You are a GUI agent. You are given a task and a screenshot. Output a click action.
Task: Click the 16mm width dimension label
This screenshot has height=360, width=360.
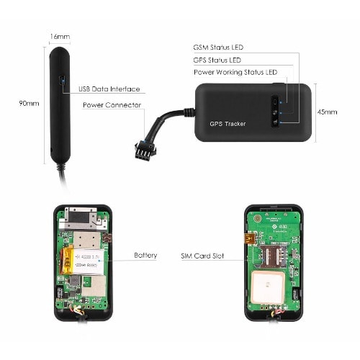60,37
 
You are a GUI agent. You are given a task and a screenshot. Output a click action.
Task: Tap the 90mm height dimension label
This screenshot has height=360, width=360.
29,104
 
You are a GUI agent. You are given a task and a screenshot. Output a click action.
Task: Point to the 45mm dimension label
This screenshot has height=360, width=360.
327,112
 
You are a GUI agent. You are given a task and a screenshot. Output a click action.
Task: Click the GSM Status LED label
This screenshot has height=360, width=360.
218,48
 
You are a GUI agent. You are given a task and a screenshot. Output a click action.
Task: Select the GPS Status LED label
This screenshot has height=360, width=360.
217,60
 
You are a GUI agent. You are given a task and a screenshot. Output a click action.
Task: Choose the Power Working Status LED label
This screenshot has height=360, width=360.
235,72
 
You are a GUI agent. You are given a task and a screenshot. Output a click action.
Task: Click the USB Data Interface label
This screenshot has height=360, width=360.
109,89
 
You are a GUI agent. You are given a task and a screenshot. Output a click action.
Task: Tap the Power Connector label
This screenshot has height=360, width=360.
112,105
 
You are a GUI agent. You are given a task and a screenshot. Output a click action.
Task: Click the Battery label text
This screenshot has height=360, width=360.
145,255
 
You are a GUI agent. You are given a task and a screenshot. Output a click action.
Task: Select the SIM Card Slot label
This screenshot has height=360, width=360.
202,256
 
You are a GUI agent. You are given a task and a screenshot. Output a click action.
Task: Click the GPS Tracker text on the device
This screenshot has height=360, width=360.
228,124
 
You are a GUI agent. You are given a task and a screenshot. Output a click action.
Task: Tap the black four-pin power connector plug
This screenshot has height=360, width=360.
145,150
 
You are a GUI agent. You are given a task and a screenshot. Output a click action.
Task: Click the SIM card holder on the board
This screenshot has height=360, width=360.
274,256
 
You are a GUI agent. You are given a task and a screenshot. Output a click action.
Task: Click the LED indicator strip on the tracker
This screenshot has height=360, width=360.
275,112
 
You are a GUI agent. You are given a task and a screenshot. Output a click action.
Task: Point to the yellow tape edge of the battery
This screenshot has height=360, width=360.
67,261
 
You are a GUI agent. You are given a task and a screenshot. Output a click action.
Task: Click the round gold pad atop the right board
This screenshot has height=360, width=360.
258,218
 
